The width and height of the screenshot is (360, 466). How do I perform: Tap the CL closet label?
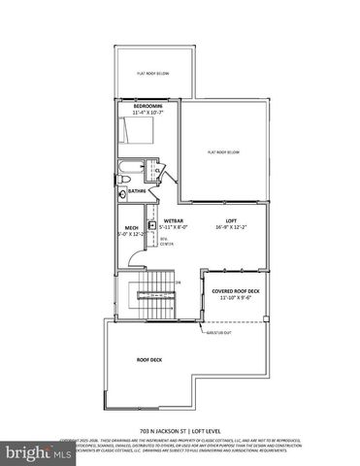tap(157, 170)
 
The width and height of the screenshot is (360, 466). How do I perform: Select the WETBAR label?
tap(174, 220)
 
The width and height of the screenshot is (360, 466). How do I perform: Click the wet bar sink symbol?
tap(152, 223)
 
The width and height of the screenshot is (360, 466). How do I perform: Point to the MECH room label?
tap(130, 227)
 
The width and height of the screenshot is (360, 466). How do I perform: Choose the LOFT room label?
tap(231, 221)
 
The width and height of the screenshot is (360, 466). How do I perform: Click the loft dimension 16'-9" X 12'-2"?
tap(231, 229)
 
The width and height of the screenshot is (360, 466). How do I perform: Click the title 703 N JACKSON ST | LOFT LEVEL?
tap(179, 431)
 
